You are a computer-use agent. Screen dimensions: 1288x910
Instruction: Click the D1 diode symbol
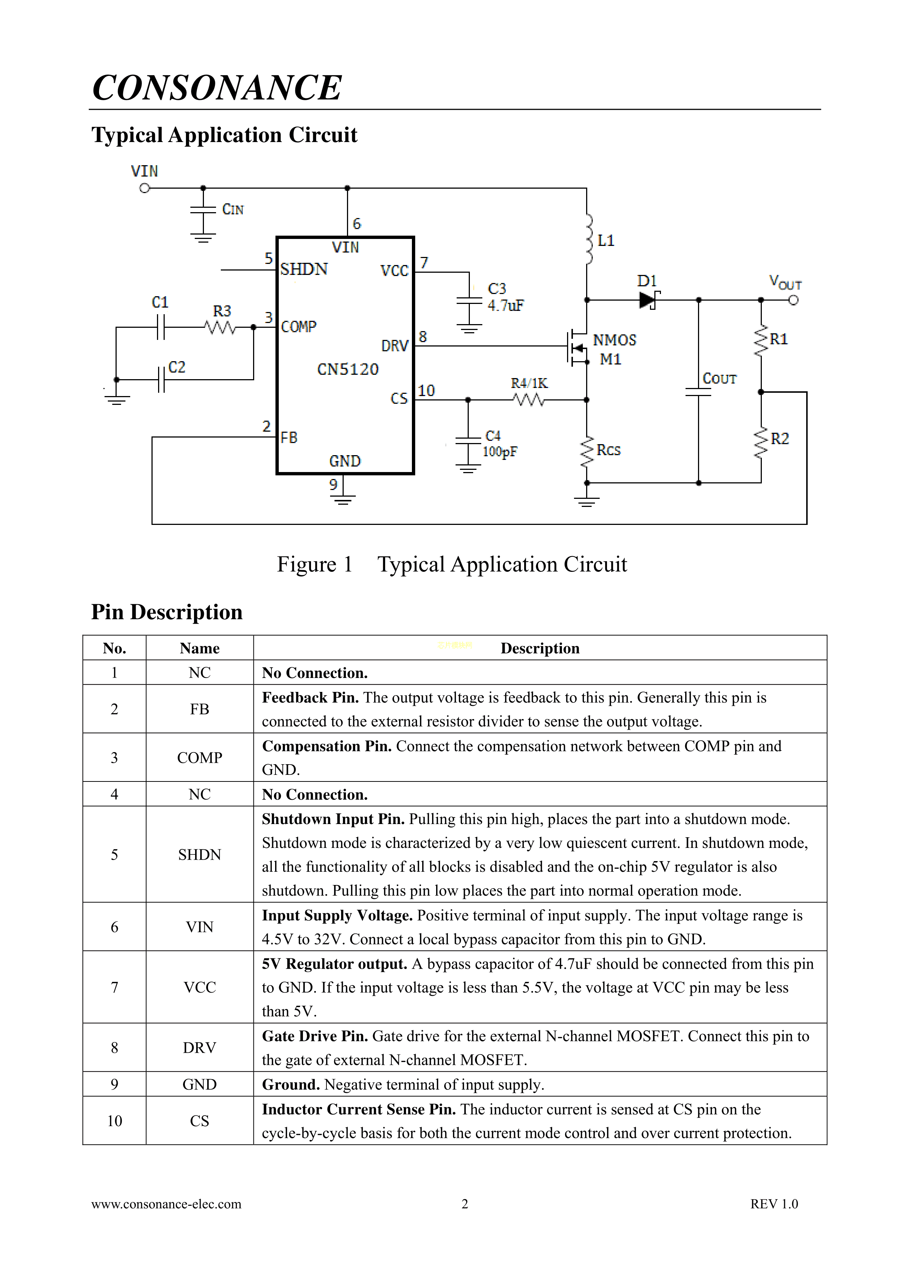pos(648,300)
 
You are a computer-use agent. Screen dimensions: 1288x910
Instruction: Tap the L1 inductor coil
pos(588,240)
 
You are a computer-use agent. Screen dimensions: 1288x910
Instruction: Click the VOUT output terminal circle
pos(793,300)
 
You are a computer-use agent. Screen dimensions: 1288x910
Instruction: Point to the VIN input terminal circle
pos(145,189)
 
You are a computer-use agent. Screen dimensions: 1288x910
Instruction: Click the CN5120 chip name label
pos(348,369)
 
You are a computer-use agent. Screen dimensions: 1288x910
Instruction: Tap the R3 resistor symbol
pos(220,327)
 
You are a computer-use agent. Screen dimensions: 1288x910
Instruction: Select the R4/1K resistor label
pos(529,383)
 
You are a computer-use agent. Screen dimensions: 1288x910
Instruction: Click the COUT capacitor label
pos(719,379)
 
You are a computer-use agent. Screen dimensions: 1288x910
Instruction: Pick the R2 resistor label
pos(779,439)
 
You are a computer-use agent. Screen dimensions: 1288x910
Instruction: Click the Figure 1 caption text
pos(452,564)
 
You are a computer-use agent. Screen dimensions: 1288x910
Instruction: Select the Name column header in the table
pos(200,649)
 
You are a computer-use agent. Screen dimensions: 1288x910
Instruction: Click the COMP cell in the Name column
pos(200,758)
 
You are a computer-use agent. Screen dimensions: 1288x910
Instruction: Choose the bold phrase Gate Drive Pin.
pos(315,1036)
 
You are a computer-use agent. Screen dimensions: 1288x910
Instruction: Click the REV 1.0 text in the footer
pos(774,1204)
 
